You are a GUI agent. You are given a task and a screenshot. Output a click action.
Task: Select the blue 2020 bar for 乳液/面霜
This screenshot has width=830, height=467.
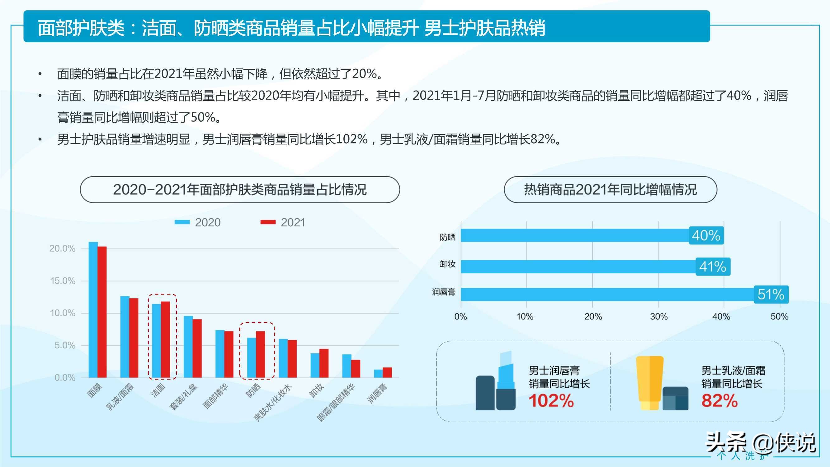pyautogui.click(x=125, y=337)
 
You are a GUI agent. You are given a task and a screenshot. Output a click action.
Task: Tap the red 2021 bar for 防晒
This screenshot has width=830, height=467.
pyautogui.click(x=260, y=354)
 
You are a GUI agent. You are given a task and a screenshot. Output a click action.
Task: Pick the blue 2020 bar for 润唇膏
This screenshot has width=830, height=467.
pyautogui.click(x=378, y=374)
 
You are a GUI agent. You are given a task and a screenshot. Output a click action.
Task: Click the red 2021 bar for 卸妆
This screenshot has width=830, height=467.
pyautogui.click(x=324, y=363)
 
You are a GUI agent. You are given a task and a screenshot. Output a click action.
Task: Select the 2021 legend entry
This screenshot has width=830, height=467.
pyautogui.click(x=283, y=222)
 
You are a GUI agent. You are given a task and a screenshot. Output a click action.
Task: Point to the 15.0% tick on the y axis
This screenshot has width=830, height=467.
pyautogui.click(x=63, y=281)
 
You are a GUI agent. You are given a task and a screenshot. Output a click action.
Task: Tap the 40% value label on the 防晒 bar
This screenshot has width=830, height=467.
pyautogui.click(x=706, y=235)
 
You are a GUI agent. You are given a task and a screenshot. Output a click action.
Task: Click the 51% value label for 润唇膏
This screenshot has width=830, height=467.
pyautogui.click(x=771, y=294)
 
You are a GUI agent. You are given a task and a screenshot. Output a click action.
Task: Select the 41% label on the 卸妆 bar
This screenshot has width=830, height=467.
pyautogui.click(x=712, y=267)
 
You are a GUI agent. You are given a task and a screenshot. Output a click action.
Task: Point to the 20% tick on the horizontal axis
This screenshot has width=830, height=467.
pyautogui.click(x=593, y=317)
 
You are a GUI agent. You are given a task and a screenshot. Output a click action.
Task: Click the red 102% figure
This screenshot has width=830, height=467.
pyautogui.click(x=551, y=401)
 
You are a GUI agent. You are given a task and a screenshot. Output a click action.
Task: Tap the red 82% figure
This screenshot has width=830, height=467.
pyautogui.click(x=719, y=401)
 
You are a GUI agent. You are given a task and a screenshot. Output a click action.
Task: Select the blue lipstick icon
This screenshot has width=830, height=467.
pyautogui.click(x=506, y=380)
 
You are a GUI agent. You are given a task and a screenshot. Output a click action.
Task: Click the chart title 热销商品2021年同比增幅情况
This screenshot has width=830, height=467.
pyautogui.click(x=610, y=190)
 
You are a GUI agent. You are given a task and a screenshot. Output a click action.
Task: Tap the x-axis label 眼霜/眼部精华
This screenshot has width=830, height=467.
pyautogui.click(x=336, y=403)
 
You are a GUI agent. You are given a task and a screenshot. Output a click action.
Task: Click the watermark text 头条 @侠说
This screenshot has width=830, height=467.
pyautogui.click(x=761, y=442)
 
